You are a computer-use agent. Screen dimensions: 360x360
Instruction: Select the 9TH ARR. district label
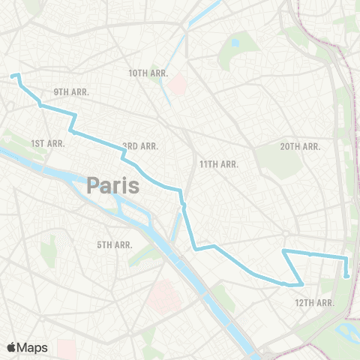click(71, 91)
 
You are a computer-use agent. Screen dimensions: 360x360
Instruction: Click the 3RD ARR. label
click(140, 146)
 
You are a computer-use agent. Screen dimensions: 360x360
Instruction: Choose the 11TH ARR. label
click(219, 163)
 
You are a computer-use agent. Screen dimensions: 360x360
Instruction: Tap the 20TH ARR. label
click(300, 147)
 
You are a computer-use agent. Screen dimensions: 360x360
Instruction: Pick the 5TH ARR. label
click(115, 244)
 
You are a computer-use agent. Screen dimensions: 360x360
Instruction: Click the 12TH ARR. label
click(313, 302)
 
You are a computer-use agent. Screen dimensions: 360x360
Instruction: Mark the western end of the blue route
click(11, 76)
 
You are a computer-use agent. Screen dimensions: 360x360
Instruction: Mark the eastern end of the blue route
click(346, 277)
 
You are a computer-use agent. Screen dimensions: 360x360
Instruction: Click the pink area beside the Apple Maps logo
click(67, 347)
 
